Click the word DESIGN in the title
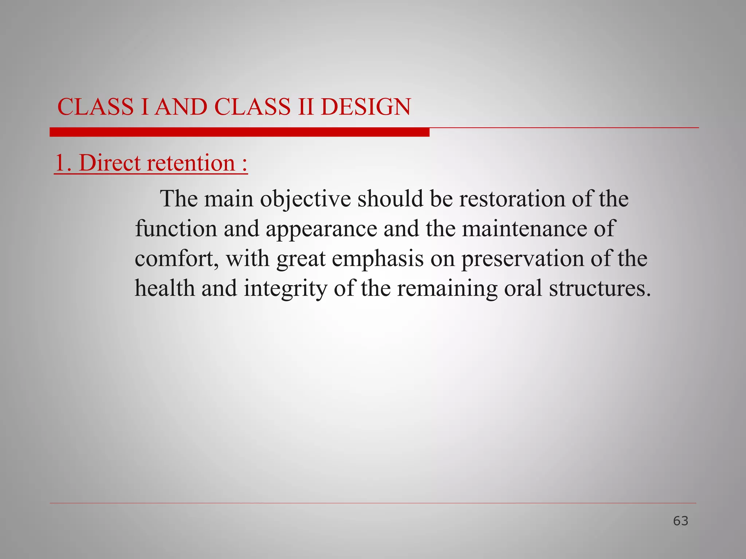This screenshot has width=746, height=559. pos(366,107)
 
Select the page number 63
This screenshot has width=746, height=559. pos(680,521)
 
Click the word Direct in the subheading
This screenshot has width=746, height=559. pos(109,163)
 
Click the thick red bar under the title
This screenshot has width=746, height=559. pos(239,132)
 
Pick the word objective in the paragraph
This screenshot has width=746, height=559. pos(305,199)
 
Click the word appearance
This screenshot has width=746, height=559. pos(321,229)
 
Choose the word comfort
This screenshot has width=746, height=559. pos(175,259)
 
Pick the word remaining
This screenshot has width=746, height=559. pos(447,289)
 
